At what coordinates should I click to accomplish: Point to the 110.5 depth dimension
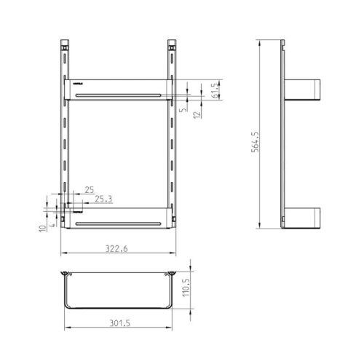186,290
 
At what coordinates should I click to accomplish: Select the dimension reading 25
89,189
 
